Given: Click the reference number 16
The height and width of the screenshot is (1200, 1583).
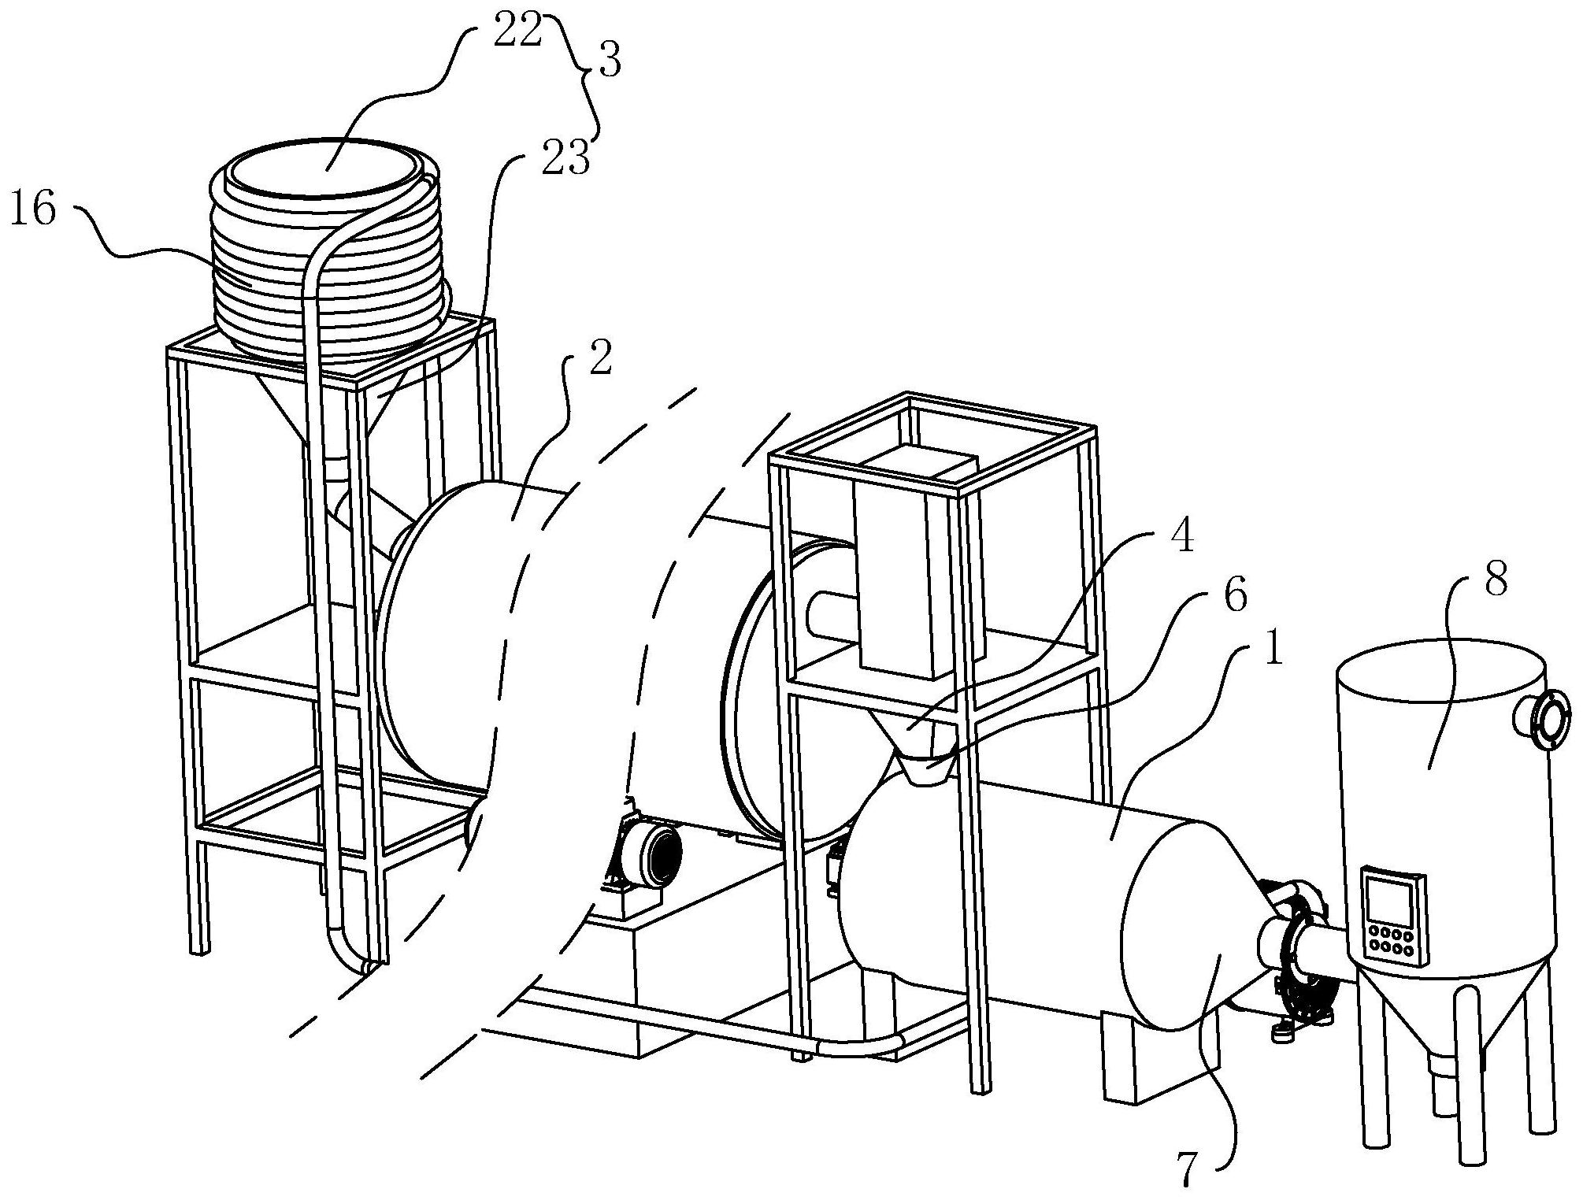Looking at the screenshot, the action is [34, 212].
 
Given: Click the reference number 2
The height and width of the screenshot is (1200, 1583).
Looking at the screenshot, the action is [599, 359].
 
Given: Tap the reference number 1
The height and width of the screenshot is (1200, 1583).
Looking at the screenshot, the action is [1269, 650].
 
